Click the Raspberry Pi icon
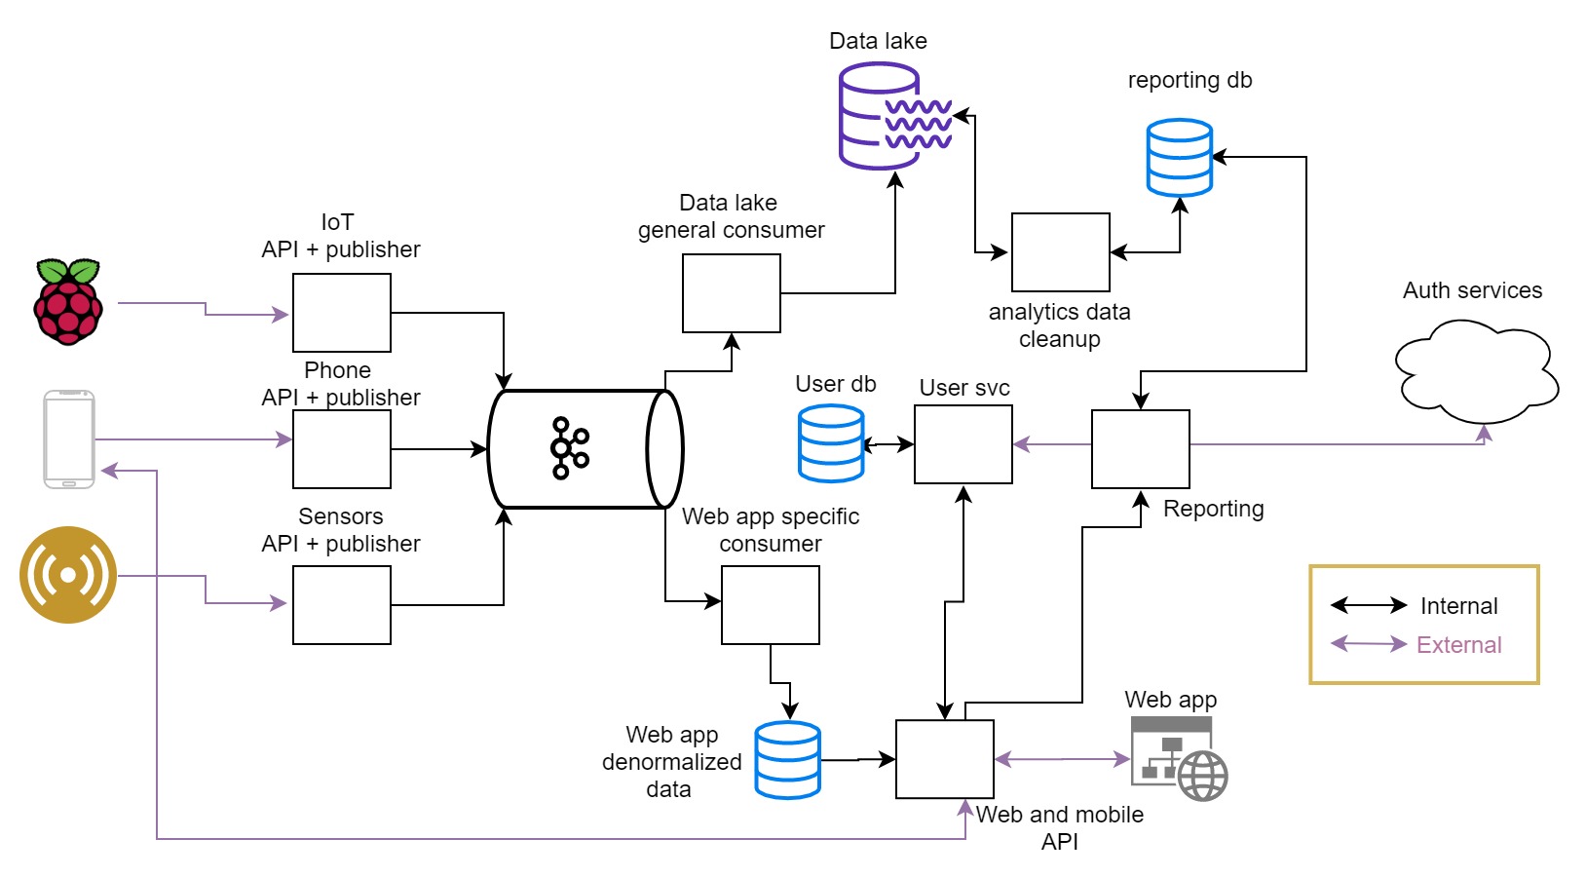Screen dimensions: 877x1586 click(x=68, y=302)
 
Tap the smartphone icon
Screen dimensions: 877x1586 click(x=69, y=438)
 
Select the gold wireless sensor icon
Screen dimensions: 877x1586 click(x=68, y=575)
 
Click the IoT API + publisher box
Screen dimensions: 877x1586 click(x=342, y=313)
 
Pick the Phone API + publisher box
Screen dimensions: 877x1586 click(x=342, y=449)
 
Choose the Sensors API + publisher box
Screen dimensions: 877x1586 click(x=342, y=605)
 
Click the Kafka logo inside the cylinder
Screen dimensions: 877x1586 click(x=570, y=448)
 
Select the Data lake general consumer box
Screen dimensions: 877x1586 click(x=732, y=293)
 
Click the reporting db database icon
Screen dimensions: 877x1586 click(x=1180, y=158)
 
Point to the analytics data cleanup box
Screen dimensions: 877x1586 click(x=1061, y=252)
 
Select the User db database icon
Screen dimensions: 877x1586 click(x=831, y=443)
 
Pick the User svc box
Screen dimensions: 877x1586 click(x=963, y=444)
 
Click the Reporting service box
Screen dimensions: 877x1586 click(x=1141, y=449)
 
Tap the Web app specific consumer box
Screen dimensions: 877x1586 click(x=771, y=605)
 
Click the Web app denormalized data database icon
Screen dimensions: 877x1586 click(x=788, y=760)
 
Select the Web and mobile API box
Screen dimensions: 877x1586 click(x=945, y=759)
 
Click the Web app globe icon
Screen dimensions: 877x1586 click(x=1203, y=776)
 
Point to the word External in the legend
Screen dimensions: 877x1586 click(x=1458, y=645)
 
